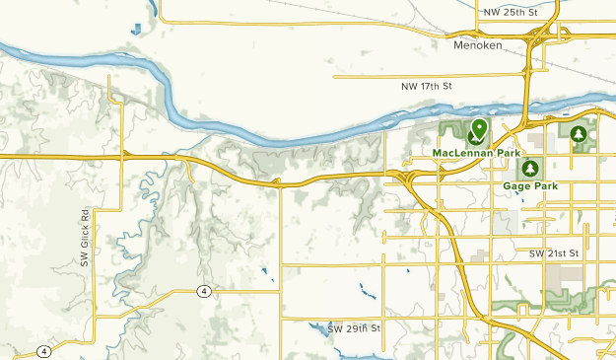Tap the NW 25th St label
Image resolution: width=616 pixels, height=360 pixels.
512,12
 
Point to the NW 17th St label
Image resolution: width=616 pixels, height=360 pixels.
426,87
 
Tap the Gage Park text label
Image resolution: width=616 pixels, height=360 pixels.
530,185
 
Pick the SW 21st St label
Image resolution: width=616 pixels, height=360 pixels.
553,254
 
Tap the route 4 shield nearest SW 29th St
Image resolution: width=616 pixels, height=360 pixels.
202,291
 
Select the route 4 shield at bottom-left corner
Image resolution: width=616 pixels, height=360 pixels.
43,351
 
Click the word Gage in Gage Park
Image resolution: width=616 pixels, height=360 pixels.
516,185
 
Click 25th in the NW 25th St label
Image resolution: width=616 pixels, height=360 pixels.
513,12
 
